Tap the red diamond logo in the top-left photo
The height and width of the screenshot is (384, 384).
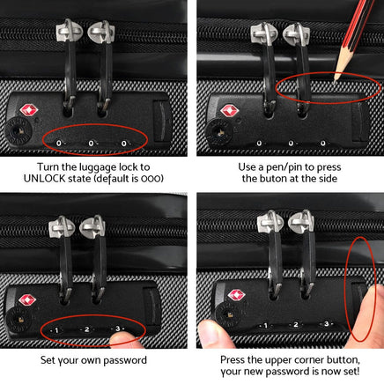point(29,112)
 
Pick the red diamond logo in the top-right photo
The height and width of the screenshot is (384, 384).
point(228,113)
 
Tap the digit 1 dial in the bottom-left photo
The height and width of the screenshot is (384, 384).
point(55,331)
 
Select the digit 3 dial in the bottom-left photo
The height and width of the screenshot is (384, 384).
point(117,329)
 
